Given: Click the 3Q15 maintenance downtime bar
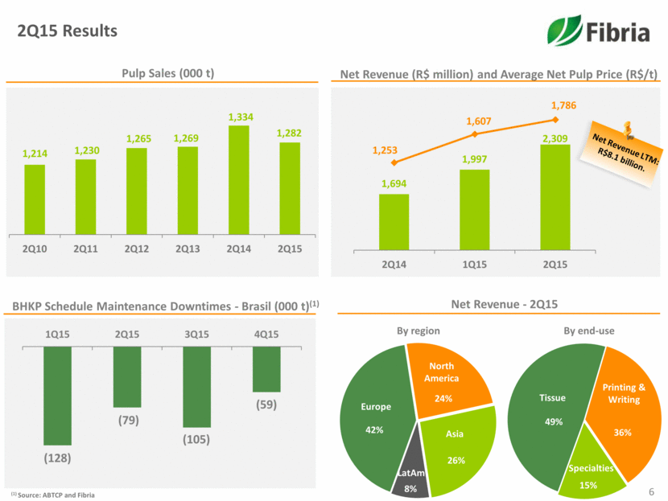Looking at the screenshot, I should (196, 387).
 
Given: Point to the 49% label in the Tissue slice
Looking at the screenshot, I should (552, 421).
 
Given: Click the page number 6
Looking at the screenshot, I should (652, 490).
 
